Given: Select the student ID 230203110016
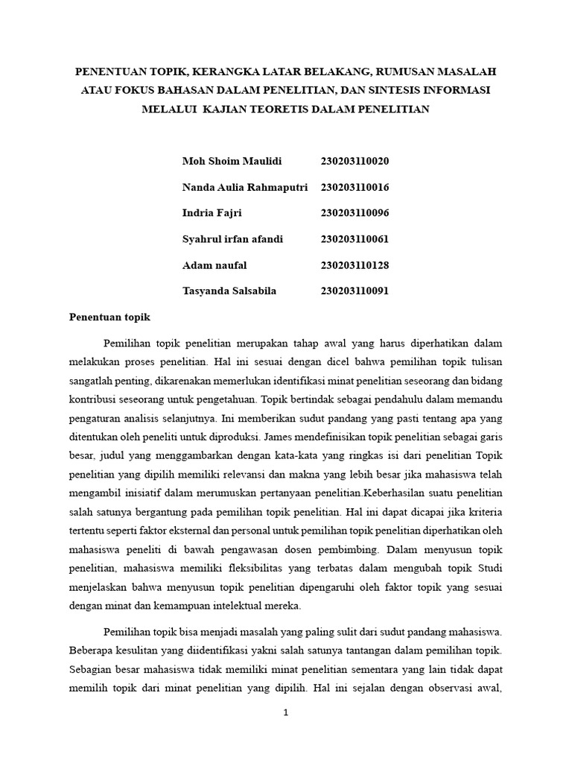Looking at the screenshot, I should coord(355,187).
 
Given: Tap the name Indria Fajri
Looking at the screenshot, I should coord(212,213).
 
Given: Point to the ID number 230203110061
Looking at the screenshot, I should coord(355,239).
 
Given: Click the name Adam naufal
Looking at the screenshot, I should coord(214,265).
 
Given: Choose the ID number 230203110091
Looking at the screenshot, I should coord(355,291).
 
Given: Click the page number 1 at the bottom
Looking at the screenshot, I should coord(285,712).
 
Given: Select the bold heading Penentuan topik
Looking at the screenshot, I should coord(109,317).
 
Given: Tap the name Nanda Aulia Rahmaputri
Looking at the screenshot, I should coord(245,187).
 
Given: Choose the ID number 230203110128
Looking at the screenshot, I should coord(355,265).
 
